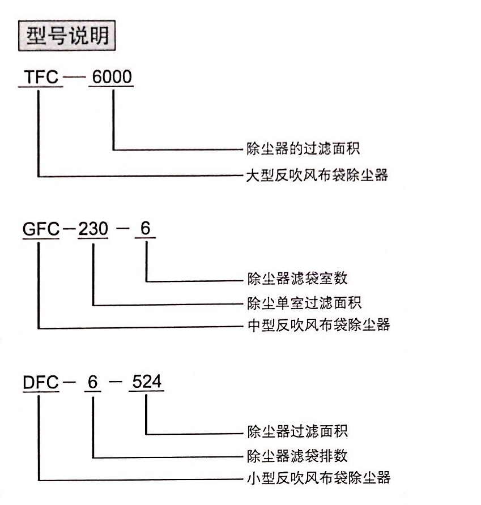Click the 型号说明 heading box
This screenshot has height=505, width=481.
point(67,36)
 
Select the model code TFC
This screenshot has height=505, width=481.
point(41,77)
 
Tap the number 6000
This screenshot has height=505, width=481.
point(112,77)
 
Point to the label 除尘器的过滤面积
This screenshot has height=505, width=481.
point(303,149)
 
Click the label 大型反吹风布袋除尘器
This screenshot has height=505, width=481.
point(317,176)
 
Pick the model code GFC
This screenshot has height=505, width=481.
point(41,229)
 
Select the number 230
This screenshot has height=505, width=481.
point(93,229)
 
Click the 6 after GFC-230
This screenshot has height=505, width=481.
point(146,228)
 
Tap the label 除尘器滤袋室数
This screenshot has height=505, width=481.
point(297,279)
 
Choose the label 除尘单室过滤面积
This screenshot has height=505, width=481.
point(304,303)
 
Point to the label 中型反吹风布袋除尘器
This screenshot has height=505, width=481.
point(318,325)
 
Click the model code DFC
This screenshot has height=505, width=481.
point(41,382)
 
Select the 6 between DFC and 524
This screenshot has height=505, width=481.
point(93,382)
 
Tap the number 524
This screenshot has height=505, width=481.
point(147,382)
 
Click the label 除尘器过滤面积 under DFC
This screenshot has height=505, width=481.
point(297,431)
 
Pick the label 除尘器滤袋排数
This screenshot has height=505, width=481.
point(297,456)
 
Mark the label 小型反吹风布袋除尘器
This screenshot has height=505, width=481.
point(318,478)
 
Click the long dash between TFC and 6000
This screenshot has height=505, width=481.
point(74,77)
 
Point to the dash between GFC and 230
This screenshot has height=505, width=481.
point(69,229)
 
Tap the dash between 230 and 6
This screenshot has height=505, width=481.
point(122,229)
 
